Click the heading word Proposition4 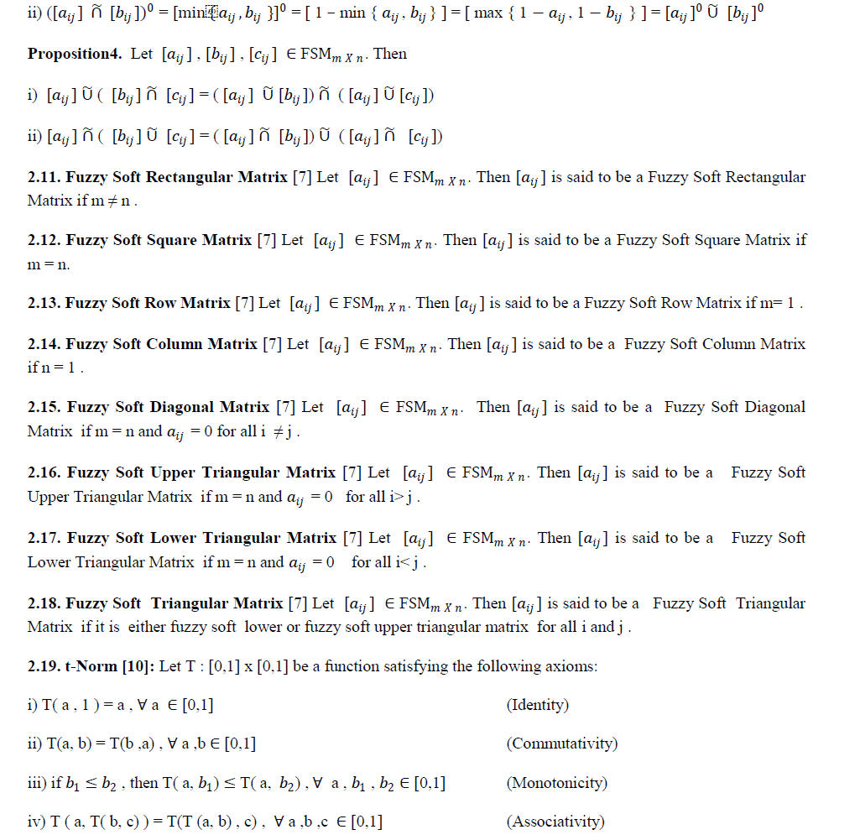tap(75, 55)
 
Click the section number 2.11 tap(43, 177)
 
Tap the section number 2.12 tap(44, 240)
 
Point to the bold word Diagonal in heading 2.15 tap(232, 407)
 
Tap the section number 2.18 tap(44, 603)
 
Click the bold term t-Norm tap(91, 666)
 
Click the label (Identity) tap(538, 705)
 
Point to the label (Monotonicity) tap(557, 783)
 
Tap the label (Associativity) tap(555, 822)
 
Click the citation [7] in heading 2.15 tap(286, 407)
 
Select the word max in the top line tap(487, 14)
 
